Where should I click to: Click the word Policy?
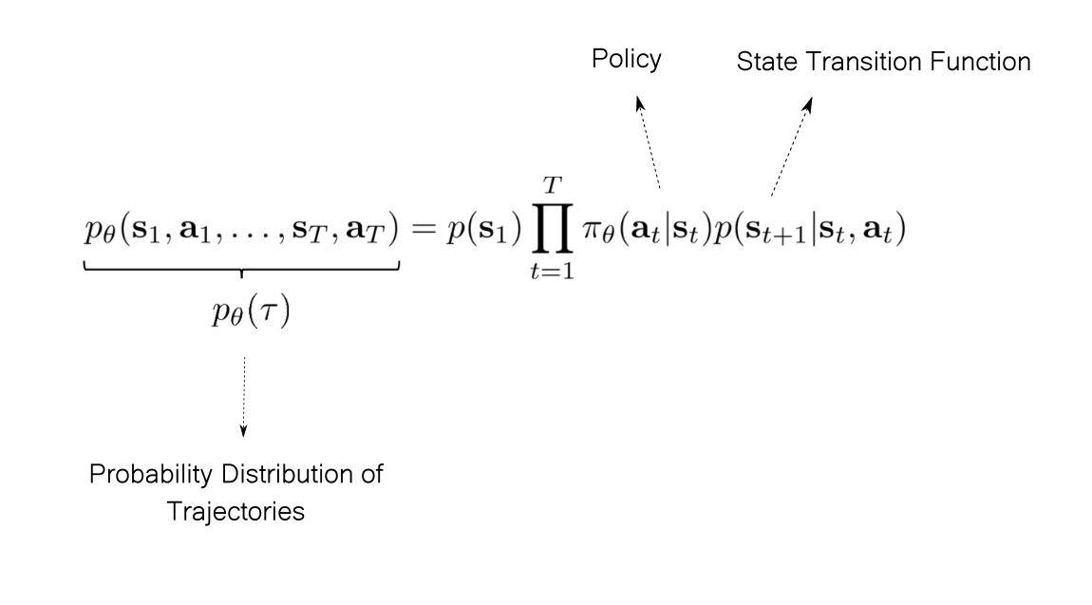(627, 60)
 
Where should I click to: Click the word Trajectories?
(235, 511)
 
